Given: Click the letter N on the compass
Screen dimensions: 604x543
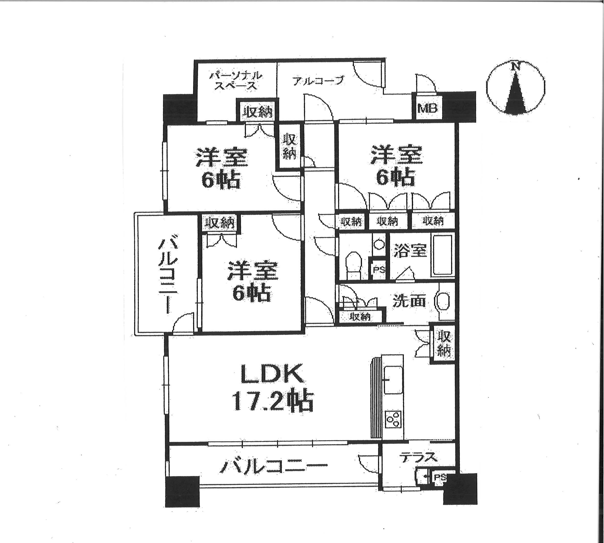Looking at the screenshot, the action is (x=514, y=66).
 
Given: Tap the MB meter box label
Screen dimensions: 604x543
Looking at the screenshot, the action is (x=427, y=108).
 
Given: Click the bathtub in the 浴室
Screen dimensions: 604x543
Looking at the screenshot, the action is (x=443, y=255).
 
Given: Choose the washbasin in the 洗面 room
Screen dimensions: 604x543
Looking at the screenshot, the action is (x=443, y=301).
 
